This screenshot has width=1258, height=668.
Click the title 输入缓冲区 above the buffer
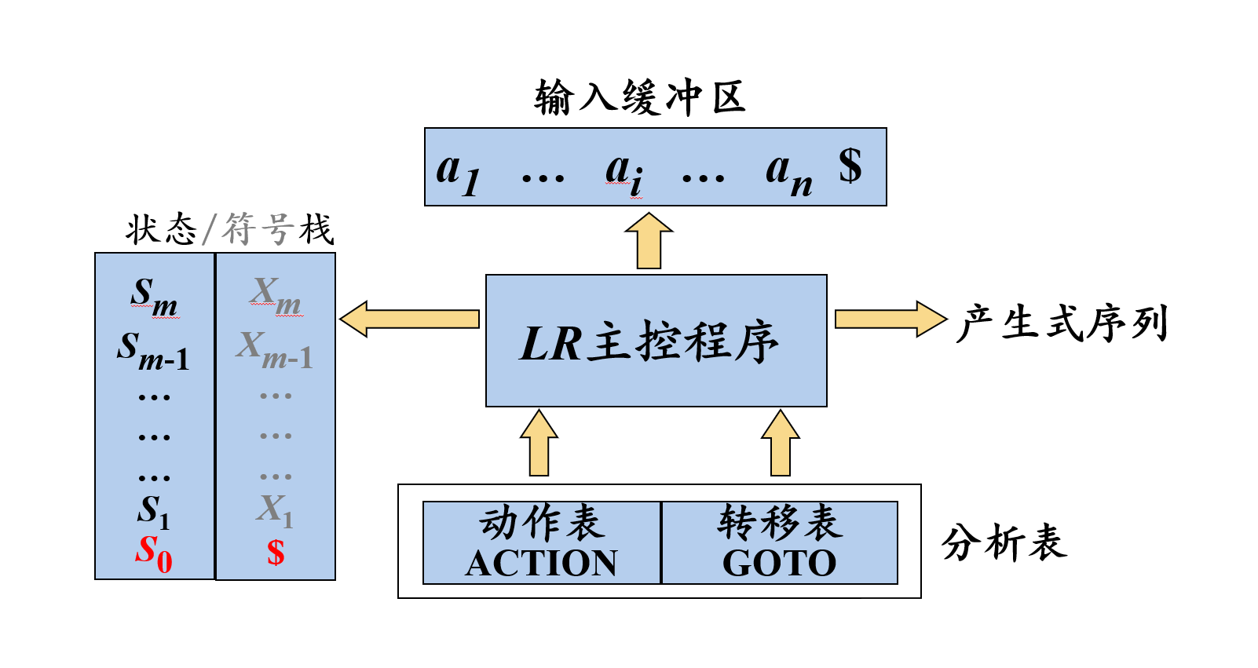pos(640,97)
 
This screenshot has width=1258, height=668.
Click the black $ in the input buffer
pos(850,166)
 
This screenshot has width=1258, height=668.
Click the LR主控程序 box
pos(656,340)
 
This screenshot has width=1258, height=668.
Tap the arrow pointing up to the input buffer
pos(649,240)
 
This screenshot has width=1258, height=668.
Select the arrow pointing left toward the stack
pos(409,319)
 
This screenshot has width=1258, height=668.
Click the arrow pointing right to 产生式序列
pos(891,319)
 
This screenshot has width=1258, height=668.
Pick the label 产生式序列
pos(1062,323)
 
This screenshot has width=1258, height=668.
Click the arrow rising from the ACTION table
pos(539,443)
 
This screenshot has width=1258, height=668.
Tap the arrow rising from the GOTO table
pos(780,443)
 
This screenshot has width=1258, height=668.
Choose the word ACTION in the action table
pos(541,563)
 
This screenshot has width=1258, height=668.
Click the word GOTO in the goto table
pos(780,563)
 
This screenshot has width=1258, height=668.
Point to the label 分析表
pos(1004,542)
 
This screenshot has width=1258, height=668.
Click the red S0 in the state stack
pos(153,553)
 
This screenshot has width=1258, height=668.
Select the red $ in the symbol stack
pos(275,553)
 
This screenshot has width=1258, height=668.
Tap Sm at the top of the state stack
pos(154,298)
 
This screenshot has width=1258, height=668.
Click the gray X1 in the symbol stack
pos(275,511)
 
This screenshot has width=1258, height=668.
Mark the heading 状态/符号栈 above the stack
pos(230,229)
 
